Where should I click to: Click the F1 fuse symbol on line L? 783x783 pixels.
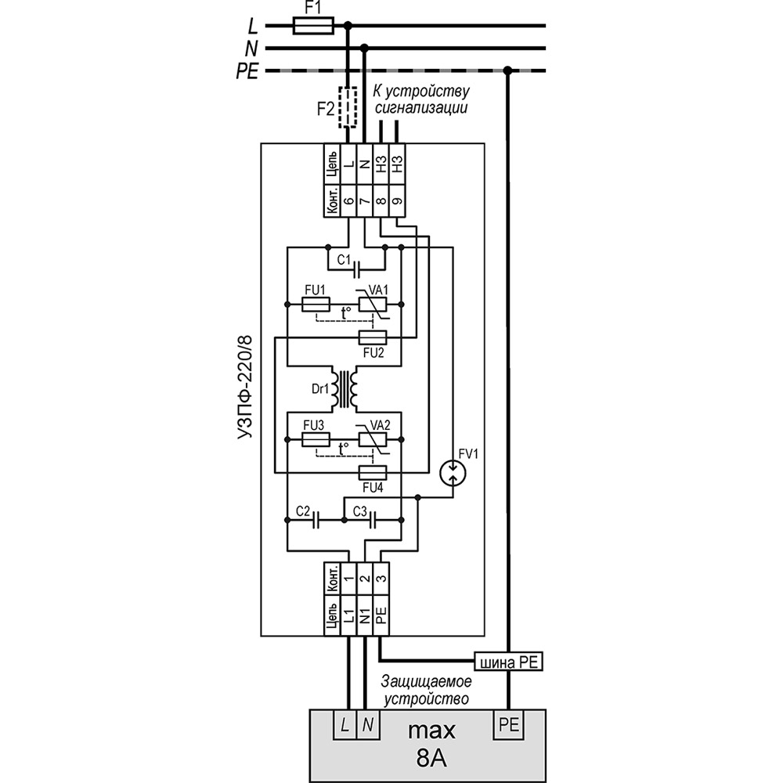(x=313, y=26)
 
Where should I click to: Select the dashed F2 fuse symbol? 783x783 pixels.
(x=348, y=108)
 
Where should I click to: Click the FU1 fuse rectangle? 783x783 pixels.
(x=316, y=304)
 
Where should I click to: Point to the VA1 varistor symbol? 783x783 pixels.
(x=373, y=304)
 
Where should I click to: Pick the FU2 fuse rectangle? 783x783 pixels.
(x=373, y=337)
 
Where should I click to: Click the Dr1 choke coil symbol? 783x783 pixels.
(x=345, y=389)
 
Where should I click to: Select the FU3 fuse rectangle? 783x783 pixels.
(x=316, y=439)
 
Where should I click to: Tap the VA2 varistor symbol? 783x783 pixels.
(x=373, y=439)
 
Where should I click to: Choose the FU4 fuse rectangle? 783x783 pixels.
(x=373, y=472)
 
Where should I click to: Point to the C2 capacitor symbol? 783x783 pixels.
(x=315, y=521)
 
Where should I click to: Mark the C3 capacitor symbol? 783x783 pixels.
(x=372, y=521)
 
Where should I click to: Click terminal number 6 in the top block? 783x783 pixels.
(x=348, y=200)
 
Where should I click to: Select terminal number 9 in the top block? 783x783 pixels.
(x=397, y=200)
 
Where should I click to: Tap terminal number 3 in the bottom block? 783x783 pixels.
(x=381, y=579)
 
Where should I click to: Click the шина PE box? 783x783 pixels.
(x=508, y=662)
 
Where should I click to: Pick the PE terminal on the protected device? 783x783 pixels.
(x=509, y=724)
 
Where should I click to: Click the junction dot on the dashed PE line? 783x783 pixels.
(x=508, y=70)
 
